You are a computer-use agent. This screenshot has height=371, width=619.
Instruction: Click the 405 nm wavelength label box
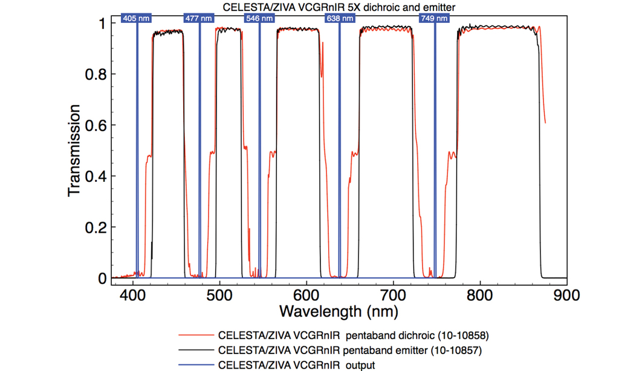pos(136,18)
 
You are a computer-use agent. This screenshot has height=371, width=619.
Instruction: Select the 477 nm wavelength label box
pos(199,18)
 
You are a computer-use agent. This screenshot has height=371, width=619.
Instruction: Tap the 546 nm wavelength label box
pos(259,18)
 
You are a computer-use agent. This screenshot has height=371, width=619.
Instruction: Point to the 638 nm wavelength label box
pos(339,18)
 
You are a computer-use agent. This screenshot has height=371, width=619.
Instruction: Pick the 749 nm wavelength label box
pos(434,18)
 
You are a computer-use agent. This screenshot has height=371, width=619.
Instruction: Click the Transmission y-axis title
pos(74,150)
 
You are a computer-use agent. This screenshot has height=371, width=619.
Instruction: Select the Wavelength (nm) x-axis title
pos(339,311)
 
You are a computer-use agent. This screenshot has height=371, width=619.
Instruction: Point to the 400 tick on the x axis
pos(132,294)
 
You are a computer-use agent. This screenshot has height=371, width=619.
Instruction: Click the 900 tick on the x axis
pos(566,294)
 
